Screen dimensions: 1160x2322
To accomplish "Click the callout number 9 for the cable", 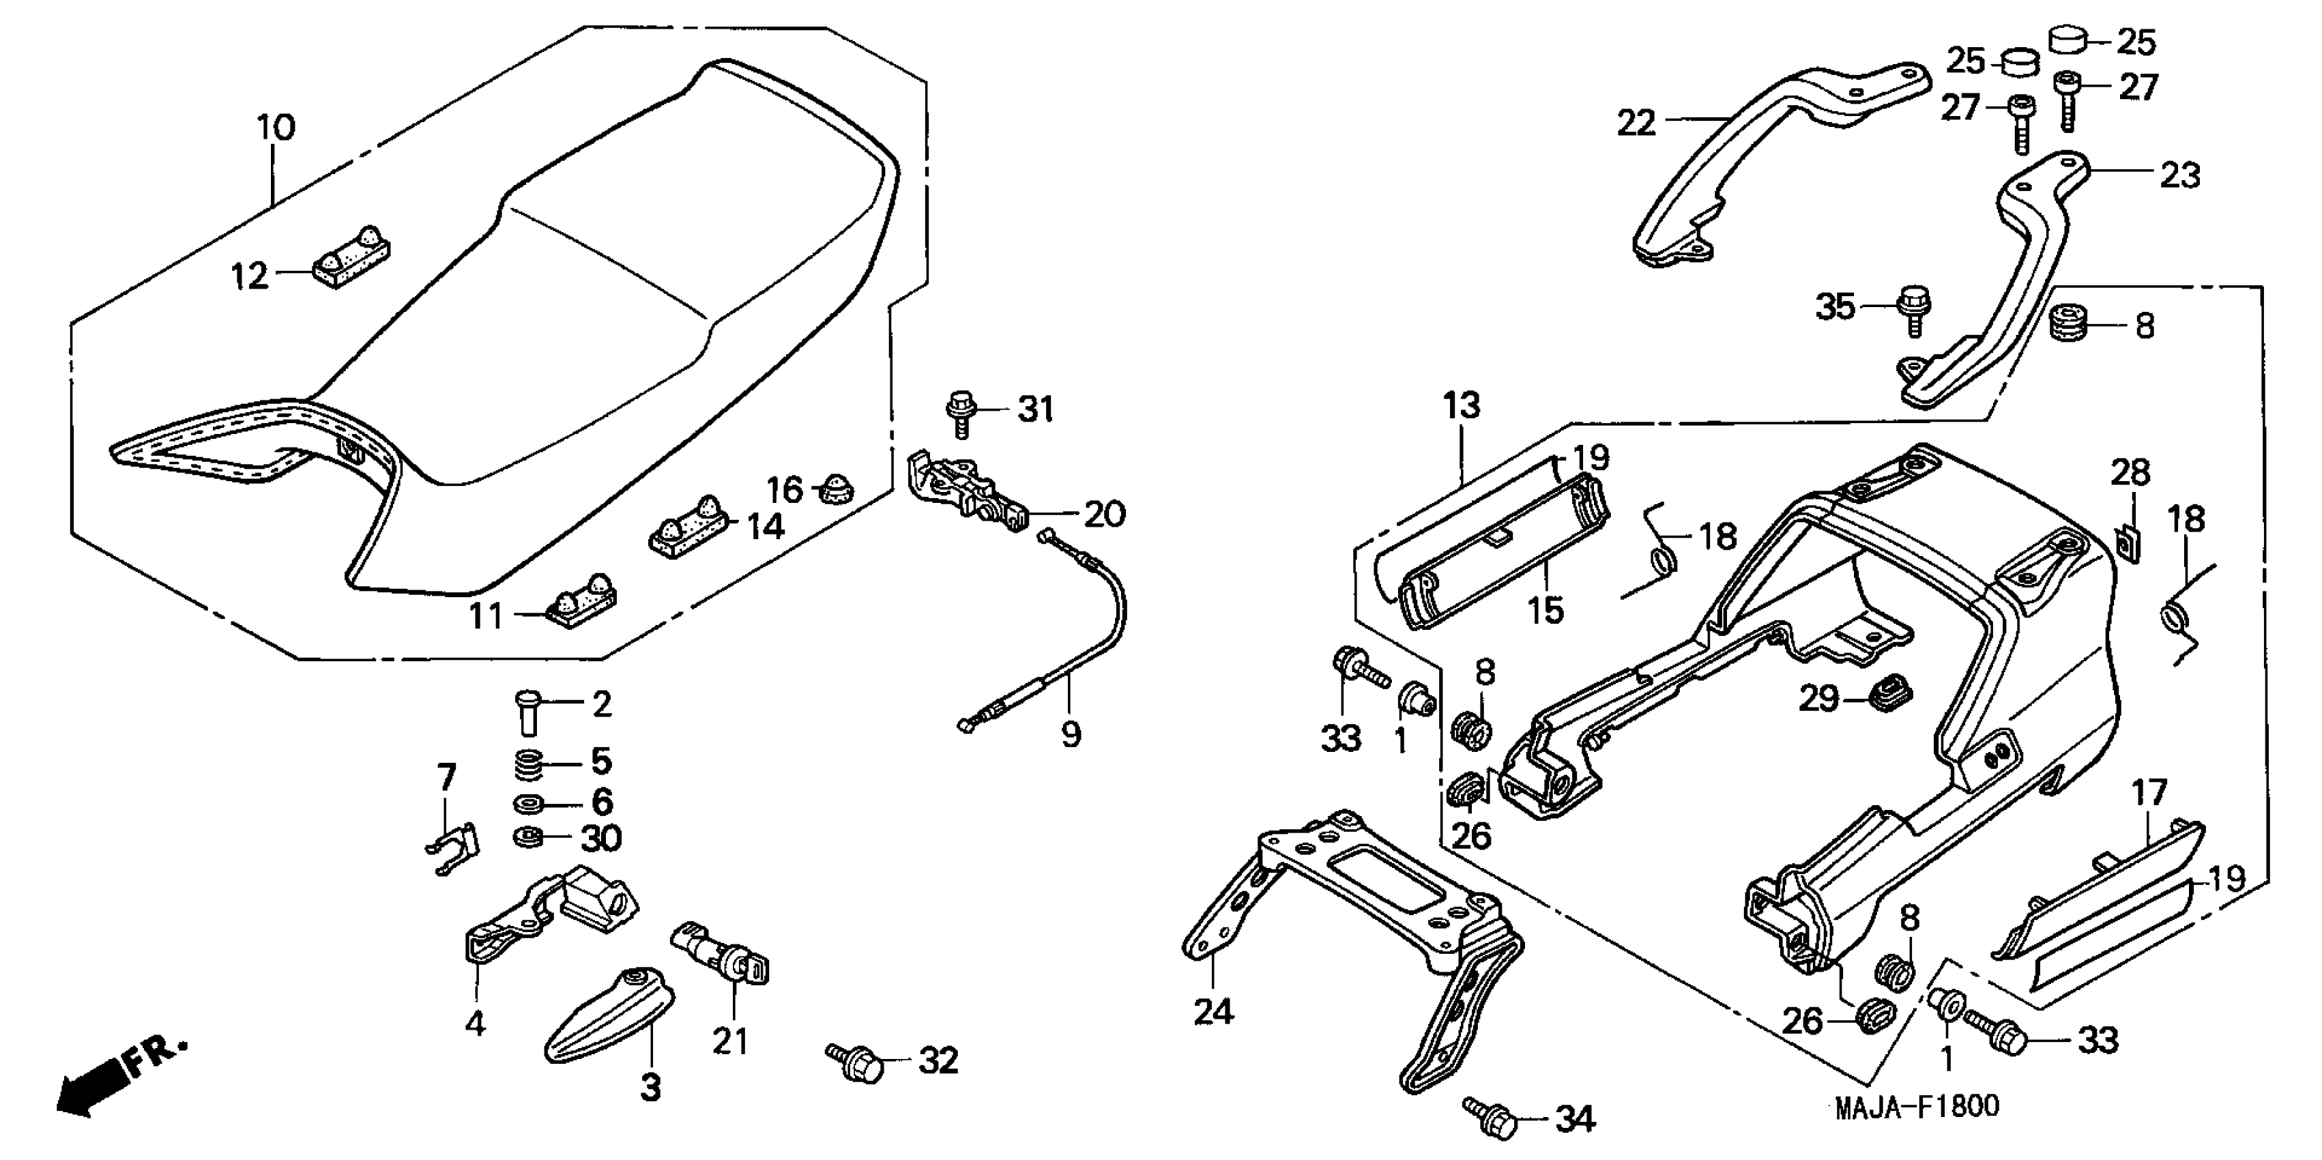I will coord(1070,735).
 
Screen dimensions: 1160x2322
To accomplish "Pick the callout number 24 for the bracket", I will coord(1213,1011).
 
